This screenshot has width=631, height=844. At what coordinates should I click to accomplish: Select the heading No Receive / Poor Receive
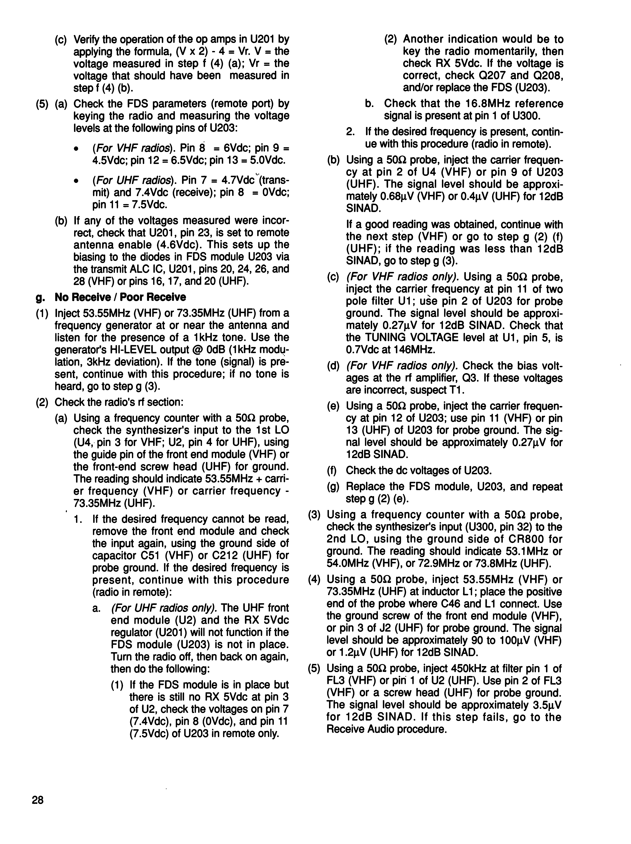[121, 297]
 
